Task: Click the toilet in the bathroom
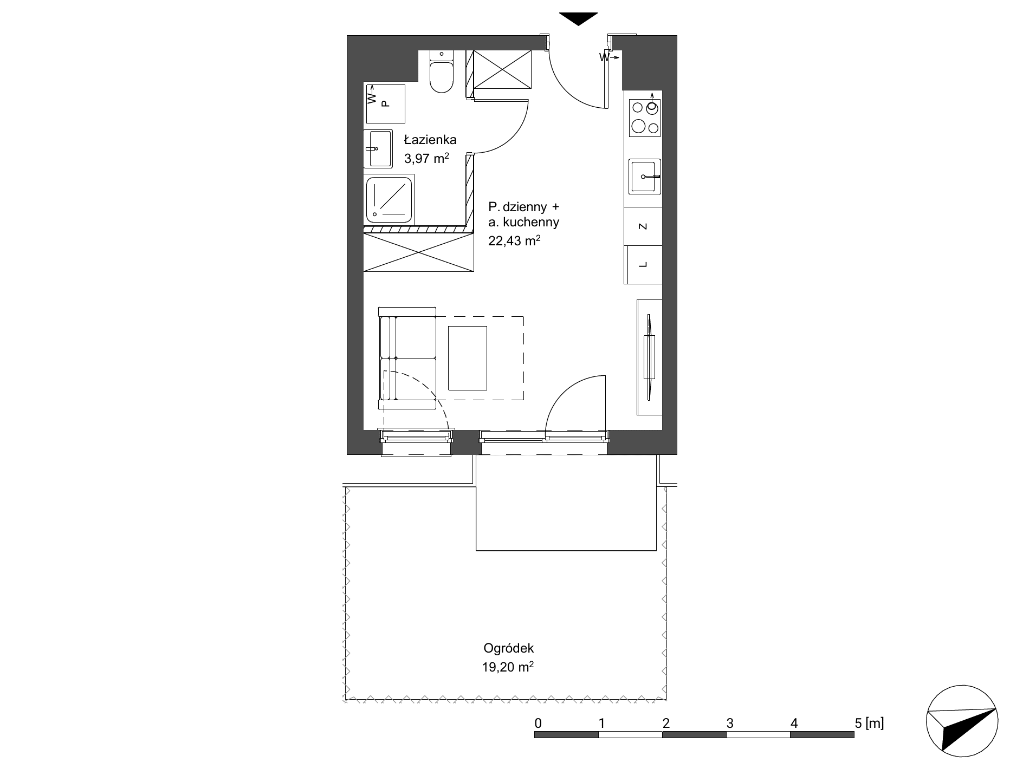click(442, 71)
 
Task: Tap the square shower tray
click(389, 200)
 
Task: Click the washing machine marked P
click(386, 103)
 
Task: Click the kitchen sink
click(644, 176)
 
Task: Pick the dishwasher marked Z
click(643, 226)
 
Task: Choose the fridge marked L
click(643, 265)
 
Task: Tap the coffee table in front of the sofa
click(468, 357)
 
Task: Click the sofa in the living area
click(407, 358)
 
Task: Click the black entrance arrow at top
click(579, 18)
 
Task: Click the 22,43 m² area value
click(515, 240)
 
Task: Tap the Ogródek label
click(509, 648)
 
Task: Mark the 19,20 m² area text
click(508, 667)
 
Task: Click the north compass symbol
click(962, 722)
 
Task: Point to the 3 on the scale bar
click(730, 723)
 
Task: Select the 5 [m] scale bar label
click(869, 722)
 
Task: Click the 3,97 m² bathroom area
click(427, 159)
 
